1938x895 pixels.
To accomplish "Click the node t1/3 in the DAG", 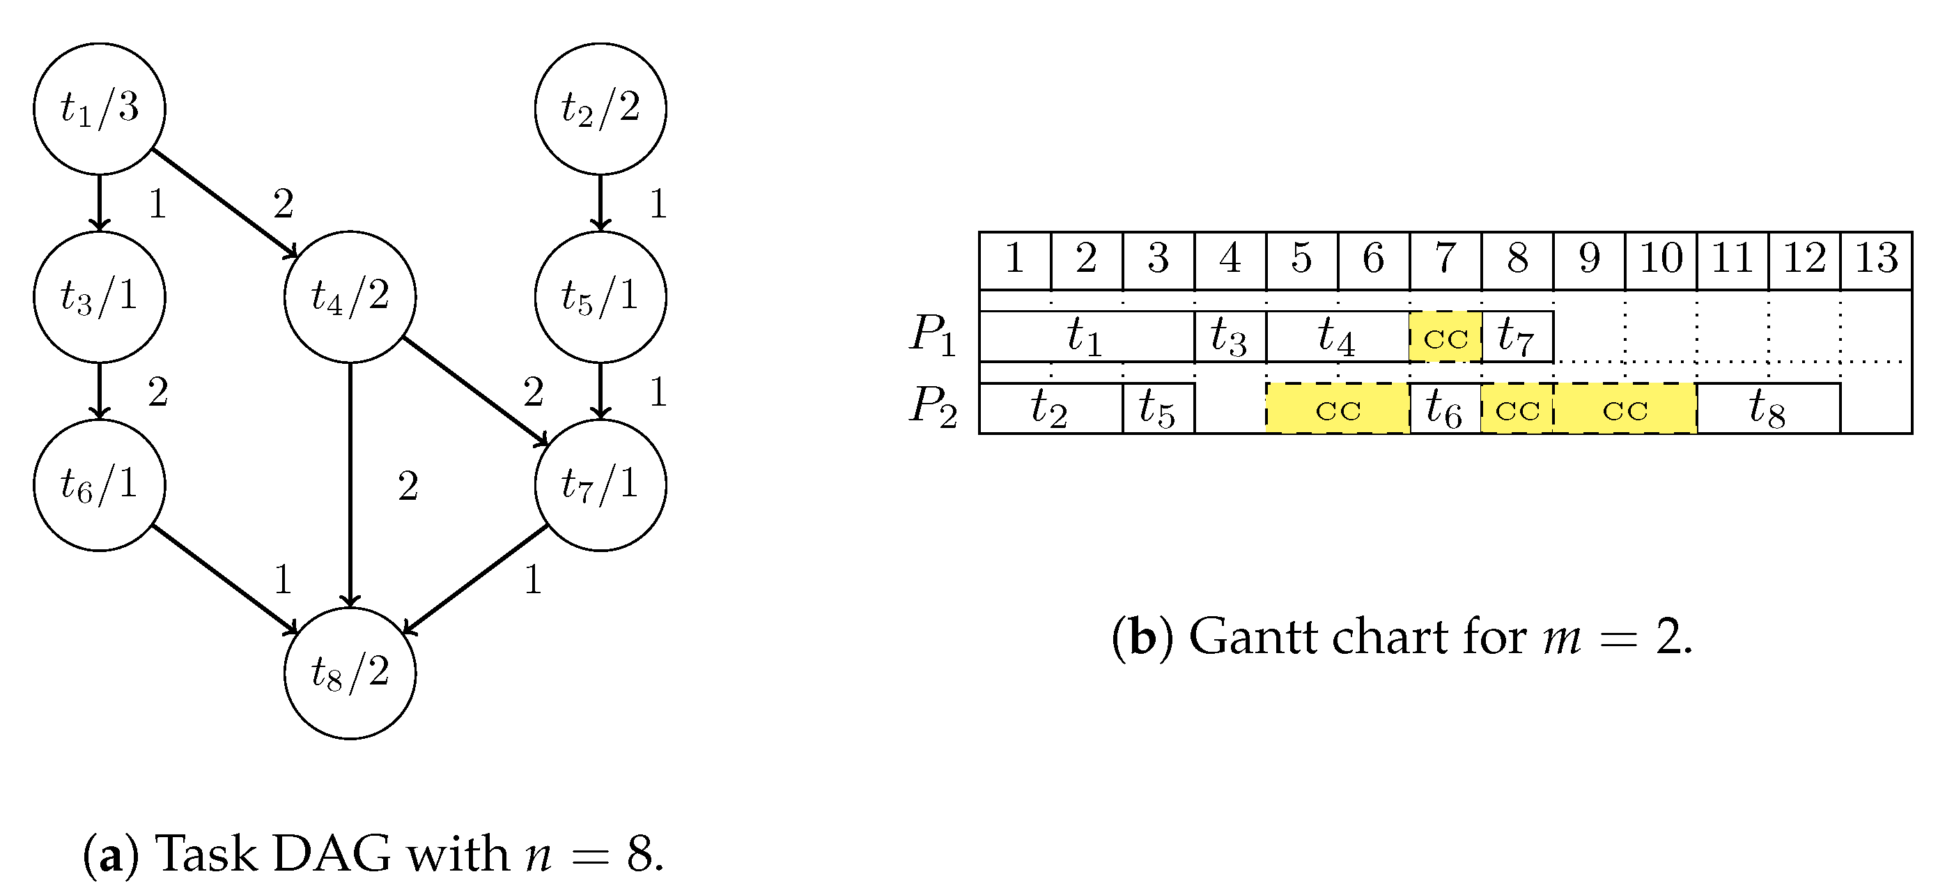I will pos(100,109).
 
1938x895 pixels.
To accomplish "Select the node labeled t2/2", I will pos(600,109).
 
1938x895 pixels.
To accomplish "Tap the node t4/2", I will pos(350,296).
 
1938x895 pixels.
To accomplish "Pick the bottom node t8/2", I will pos(350,673).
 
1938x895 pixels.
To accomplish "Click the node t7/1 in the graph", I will pos(600,484).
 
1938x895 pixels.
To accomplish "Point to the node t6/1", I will pos(100,484).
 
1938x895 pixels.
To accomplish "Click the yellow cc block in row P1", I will pos(1445,337).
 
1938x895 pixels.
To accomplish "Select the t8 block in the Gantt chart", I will pos(1768,408).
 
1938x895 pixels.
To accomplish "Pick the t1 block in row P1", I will pos(1086,337).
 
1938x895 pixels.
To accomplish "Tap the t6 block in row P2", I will pos(1445,408).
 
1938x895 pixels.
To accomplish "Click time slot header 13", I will pos(1875,259).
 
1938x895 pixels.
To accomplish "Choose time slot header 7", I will pos(1445,259).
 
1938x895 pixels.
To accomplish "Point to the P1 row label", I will pos(933,335).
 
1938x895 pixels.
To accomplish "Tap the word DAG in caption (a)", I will pos(332,854).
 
